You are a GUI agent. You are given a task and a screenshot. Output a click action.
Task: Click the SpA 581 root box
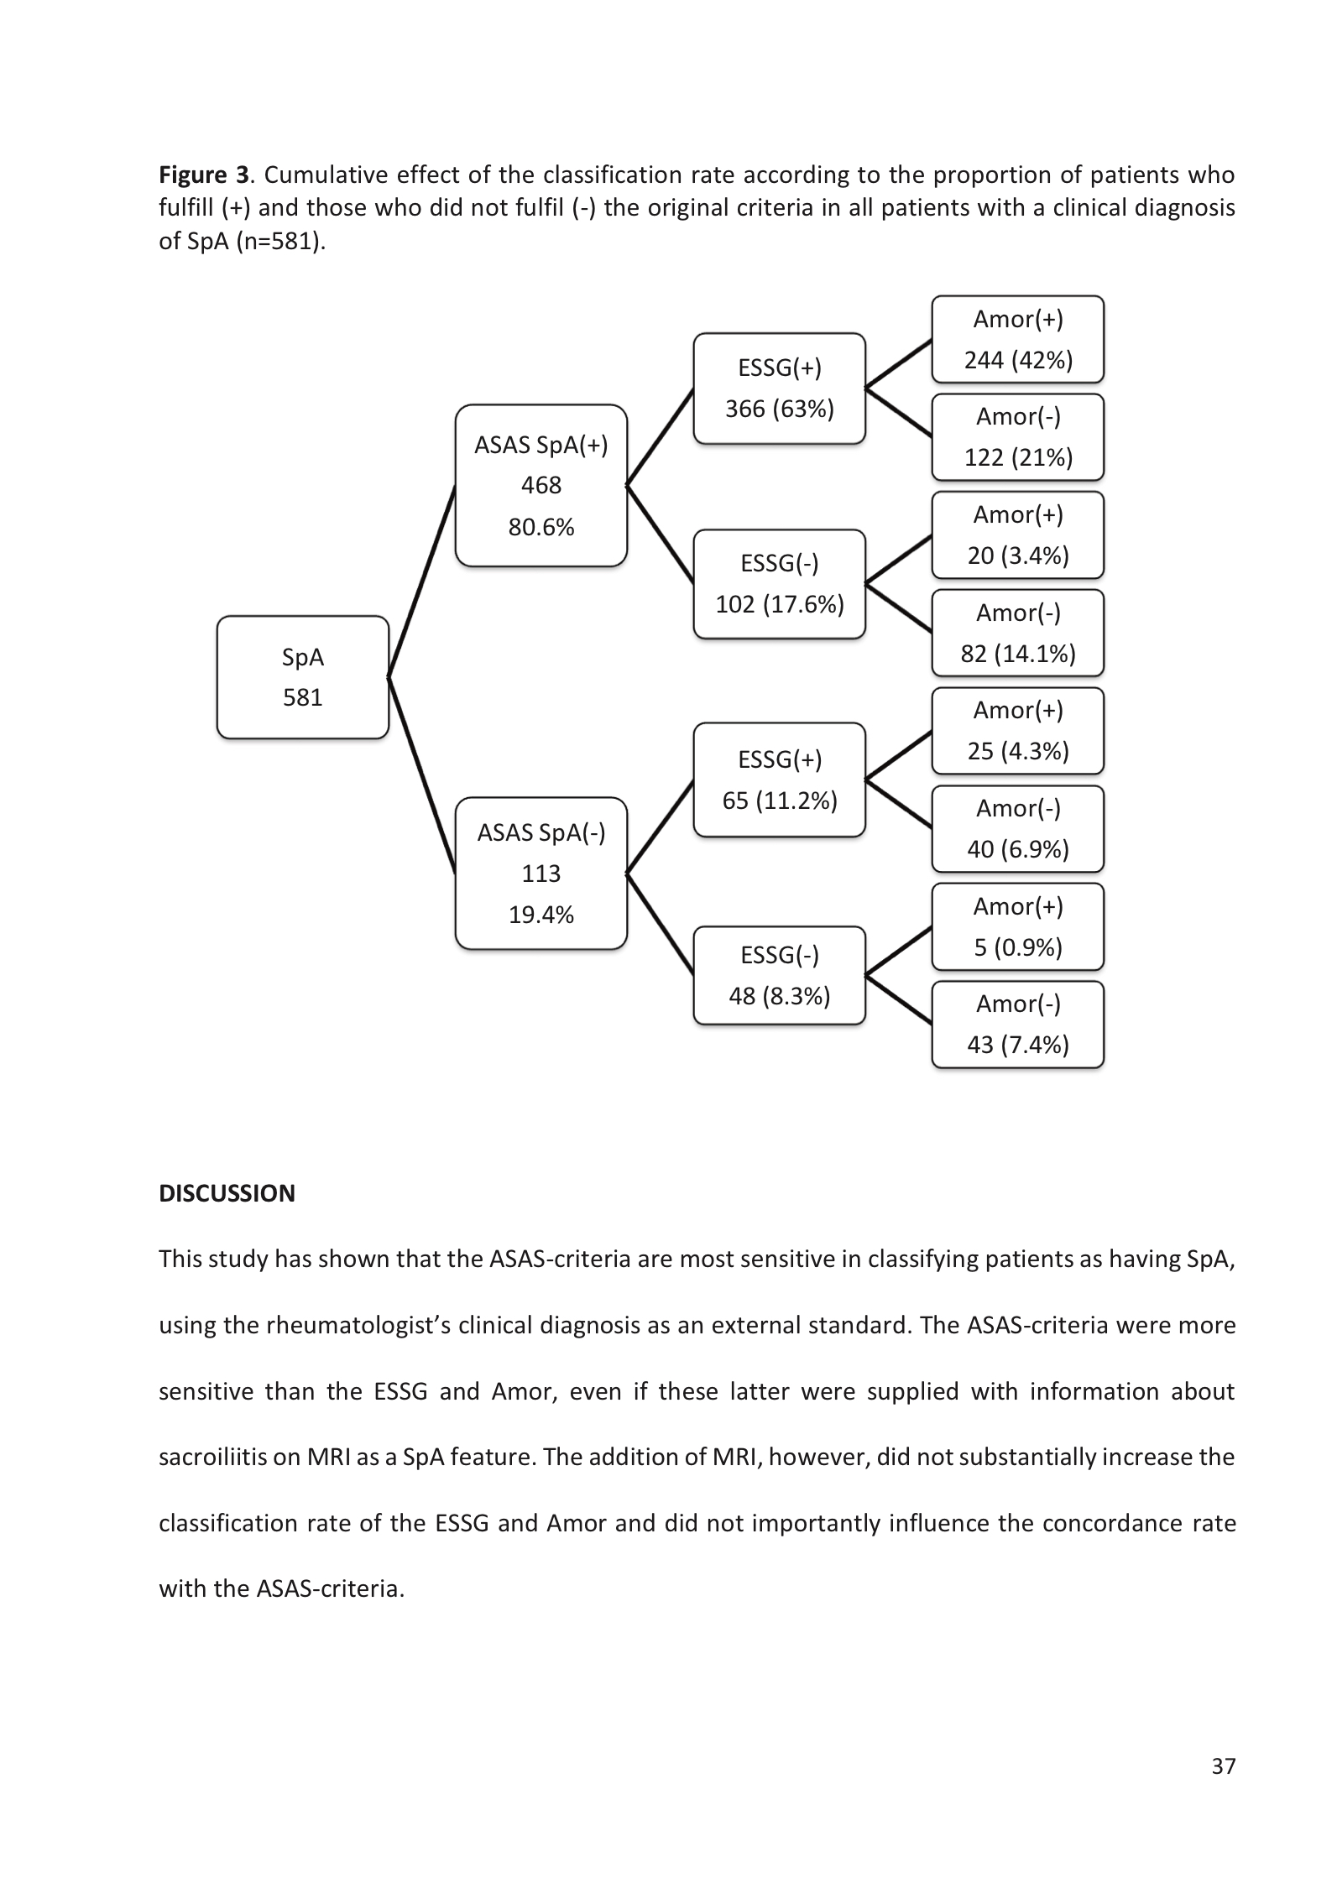[x=302, y=677]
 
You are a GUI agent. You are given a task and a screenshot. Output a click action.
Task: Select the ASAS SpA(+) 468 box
[x=541, y=485]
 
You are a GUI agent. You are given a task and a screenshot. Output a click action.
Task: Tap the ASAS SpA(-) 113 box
[x=541, y=873]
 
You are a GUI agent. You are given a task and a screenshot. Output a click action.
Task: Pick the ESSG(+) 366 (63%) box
[x=779, y=388]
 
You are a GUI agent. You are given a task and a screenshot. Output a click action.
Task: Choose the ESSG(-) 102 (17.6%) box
[x=779, y=583]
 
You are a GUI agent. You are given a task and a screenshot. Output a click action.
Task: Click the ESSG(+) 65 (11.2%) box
[x=779, y=780]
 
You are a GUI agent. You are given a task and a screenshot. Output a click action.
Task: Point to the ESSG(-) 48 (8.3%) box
[x=779, y=975]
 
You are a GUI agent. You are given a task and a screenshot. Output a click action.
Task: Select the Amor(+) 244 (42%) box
[x=1017, y=339]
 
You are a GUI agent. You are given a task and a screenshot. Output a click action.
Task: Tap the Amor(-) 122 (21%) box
[x=1017, y=436]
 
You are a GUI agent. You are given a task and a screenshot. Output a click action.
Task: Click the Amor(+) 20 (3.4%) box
[x=1017, y=535]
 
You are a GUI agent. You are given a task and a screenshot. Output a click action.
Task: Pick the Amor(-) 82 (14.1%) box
[x=1017, y=633]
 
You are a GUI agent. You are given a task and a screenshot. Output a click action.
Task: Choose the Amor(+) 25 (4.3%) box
[x=1017, y=730]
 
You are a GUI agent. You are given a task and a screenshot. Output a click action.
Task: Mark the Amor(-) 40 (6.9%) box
[x=1017, y=828]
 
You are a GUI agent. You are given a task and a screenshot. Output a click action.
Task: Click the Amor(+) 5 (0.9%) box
[x=1017, y=926]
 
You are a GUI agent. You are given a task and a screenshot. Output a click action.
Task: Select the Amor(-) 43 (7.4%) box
[x=1017, y=1024]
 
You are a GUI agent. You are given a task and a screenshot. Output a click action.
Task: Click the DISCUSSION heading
[x=227, y=1193]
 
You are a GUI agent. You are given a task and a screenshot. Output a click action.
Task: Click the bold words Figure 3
[x=204, y=175]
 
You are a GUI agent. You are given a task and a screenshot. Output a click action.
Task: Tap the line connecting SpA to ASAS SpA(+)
[x=421, y=581]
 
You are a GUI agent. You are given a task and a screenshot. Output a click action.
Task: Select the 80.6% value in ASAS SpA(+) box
[x=541, y=527]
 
